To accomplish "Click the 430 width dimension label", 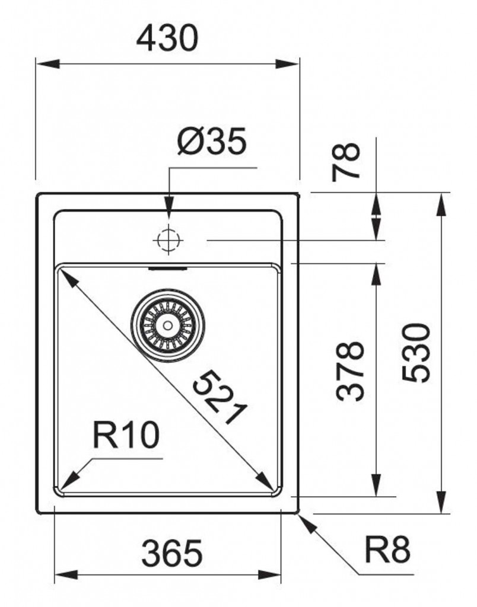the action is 167,38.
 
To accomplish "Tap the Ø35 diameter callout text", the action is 212,141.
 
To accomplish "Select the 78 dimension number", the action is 346,162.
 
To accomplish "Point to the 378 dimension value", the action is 350,371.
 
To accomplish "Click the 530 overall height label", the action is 416,353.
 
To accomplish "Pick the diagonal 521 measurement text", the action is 220,397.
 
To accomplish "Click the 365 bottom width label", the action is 171,553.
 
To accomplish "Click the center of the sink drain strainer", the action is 168,325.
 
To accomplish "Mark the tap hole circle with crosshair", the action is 168,241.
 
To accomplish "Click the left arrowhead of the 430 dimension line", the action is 47,64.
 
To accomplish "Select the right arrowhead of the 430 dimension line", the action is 287,64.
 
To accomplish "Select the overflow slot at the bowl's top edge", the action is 168,268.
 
